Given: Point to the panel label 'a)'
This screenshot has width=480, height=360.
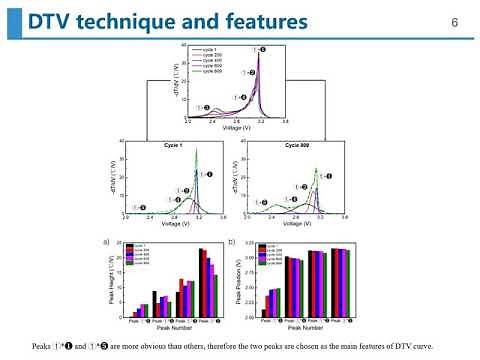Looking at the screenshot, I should (x=106, y=242).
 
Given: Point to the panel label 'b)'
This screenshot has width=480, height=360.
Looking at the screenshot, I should (x=232, y=242).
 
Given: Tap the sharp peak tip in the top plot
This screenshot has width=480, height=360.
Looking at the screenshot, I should (x=259, y=49).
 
